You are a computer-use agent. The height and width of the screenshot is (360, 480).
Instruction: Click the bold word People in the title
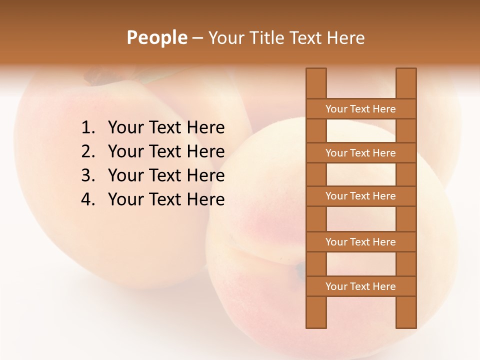point(157,37)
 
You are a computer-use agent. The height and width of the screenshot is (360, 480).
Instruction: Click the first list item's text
point(166,128)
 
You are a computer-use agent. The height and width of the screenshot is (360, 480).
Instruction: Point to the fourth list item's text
point(166,199)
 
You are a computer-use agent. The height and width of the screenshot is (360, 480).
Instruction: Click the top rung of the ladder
point(360,109)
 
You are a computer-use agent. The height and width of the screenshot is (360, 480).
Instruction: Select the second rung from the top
point(360,153)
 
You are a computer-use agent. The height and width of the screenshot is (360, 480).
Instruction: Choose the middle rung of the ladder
point(360,196)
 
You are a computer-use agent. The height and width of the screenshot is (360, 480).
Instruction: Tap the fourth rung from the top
point(360,242)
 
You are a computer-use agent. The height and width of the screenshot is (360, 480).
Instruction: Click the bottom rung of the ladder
point(360,286)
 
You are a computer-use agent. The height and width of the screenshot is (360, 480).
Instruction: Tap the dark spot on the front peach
point(300,270)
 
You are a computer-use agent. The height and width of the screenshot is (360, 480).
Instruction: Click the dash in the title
point(197,38)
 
